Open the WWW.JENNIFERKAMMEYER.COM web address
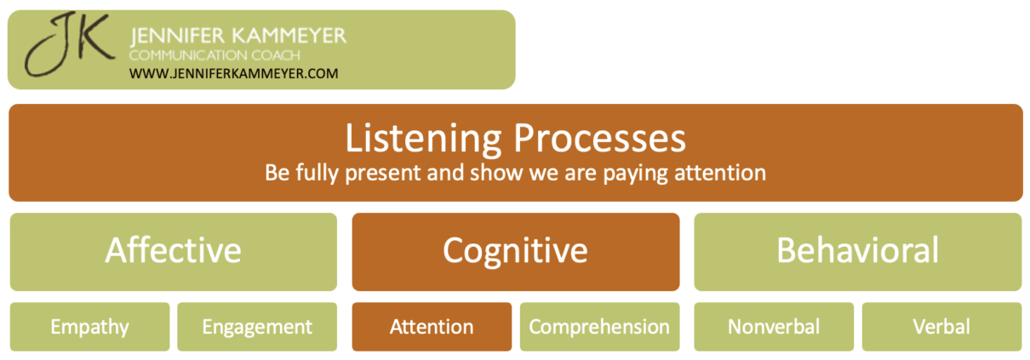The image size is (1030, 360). click(x=234, y=73)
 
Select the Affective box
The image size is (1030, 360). click(x=174, y=251)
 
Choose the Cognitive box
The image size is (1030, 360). click(x=515, y=251)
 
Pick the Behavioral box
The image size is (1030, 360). click(x=857, y=251)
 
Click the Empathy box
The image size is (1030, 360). click(x=89, y=327)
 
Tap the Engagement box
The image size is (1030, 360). click(x=257, y=327)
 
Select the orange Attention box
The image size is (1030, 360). click(x=432, y=327)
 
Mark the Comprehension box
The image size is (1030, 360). click(x=599, y=327)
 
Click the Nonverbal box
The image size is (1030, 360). click(x=774, y=327)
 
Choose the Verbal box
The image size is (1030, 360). click(x=941, y=327)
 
